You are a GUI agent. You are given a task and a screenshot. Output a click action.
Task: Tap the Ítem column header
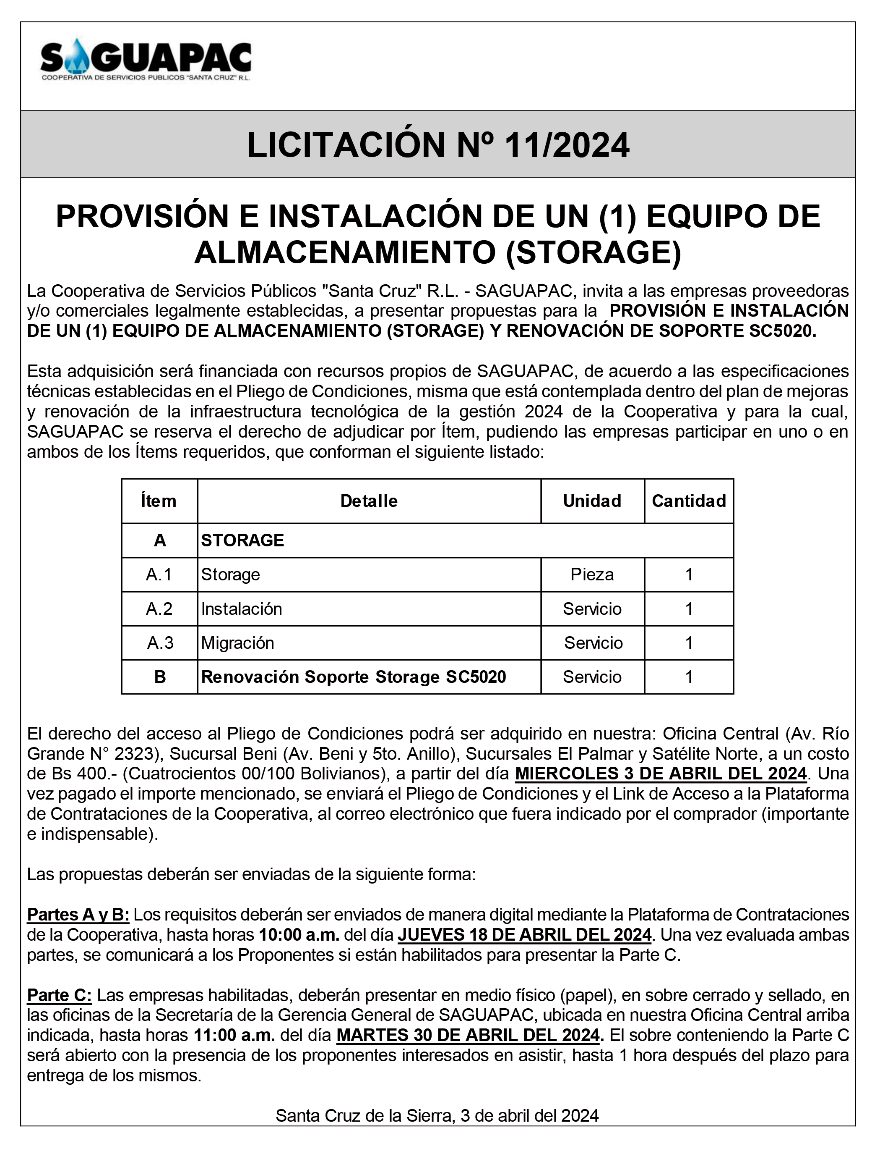159,501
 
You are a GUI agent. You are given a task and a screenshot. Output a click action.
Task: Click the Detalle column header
369,501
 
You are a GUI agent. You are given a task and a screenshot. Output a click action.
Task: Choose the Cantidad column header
689,501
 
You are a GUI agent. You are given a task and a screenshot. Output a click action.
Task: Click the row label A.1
159,574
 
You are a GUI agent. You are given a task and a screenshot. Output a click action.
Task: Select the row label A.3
160,643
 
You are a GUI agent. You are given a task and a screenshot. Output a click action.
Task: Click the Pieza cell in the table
592,574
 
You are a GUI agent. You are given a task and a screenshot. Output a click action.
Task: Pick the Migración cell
238,643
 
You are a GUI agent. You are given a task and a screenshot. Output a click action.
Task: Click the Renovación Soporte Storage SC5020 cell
354,677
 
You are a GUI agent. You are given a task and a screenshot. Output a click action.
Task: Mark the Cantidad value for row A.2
689,609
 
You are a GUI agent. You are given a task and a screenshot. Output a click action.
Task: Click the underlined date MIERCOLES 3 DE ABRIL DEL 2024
660,773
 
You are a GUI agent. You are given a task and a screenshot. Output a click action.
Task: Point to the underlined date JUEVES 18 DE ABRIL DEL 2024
524,934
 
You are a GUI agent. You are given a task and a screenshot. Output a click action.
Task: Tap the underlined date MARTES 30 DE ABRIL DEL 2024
469,1035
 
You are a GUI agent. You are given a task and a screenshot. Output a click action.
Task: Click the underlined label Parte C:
60,995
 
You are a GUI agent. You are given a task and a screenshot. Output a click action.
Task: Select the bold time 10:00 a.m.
299,934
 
